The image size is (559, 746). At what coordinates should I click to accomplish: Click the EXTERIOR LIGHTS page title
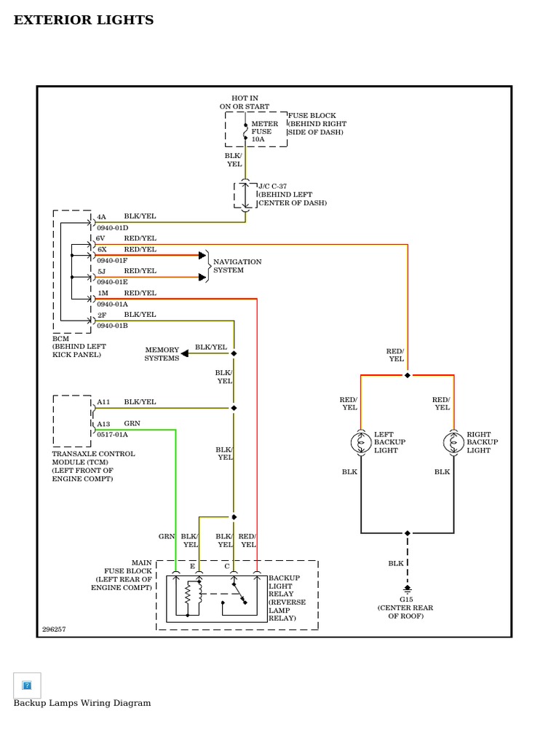point(84,20)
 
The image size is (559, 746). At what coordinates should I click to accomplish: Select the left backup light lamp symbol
point(361,442)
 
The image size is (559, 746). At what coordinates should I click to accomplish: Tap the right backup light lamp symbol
point(453,442)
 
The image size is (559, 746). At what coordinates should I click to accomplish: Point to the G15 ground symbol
point(407,588)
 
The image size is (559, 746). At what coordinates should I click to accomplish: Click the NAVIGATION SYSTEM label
point(237,266)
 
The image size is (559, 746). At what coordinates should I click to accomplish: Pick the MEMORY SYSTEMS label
point(162,354)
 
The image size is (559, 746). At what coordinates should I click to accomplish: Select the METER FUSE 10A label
point(264,131)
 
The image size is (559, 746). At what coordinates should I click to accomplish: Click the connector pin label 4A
point(102,217)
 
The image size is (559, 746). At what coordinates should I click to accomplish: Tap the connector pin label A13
point(103,423)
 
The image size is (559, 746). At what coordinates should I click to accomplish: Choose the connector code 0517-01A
point(112,434)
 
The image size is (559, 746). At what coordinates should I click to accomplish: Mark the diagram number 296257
point(54,629)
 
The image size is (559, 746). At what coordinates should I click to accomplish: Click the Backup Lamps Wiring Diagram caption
point(82,703)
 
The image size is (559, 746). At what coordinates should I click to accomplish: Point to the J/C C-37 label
point(273,186)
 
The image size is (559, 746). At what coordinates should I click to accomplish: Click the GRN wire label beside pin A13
point(132,423)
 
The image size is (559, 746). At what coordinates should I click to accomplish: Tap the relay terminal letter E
point(193,566)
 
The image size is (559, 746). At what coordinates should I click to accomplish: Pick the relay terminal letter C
point(227,566)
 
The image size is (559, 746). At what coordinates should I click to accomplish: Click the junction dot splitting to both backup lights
point(408,375)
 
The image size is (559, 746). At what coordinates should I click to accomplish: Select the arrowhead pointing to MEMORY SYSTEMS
point(185,353)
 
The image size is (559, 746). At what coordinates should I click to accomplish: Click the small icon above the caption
point(27,685)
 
